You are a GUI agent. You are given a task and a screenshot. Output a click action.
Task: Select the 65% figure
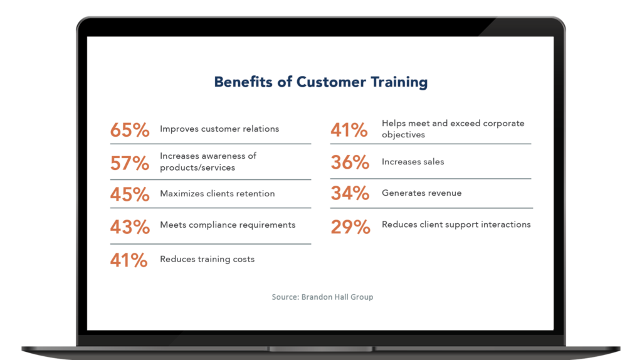coord(130,130)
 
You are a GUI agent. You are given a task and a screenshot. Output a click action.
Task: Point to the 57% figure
coord(130,164)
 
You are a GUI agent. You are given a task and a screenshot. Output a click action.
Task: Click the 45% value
coord(130,194)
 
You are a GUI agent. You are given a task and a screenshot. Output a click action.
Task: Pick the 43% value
coord(130,226)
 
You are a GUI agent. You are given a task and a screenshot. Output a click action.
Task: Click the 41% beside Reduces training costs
coord(129,260)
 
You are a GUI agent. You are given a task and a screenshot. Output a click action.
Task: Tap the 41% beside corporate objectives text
coord(349,130)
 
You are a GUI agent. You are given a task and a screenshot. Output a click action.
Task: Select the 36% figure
coord(350,162)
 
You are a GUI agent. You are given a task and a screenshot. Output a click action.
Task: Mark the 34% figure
coord(350,193)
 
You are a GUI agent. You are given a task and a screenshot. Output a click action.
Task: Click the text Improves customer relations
coord(219,129)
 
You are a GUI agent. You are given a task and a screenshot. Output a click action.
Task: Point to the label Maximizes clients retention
coord(217,194)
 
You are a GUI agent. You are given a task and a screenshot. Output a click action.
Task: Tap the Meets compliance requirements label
coord(228,225)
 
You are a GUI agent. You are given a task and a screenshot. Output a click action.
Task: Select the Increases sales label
coord(413,162)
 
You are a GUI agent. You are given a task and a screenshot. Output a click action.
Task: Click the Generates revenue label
coord(421,193)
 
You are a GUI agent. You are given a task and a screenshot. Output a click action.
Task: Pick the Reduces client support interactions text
coord(456,225)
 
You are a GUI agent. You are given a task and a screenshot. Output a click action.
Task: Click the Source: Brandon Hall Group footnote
coord(322,297)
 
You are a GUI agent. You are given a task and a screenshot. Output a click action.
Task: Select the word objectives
coord(403,135)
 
